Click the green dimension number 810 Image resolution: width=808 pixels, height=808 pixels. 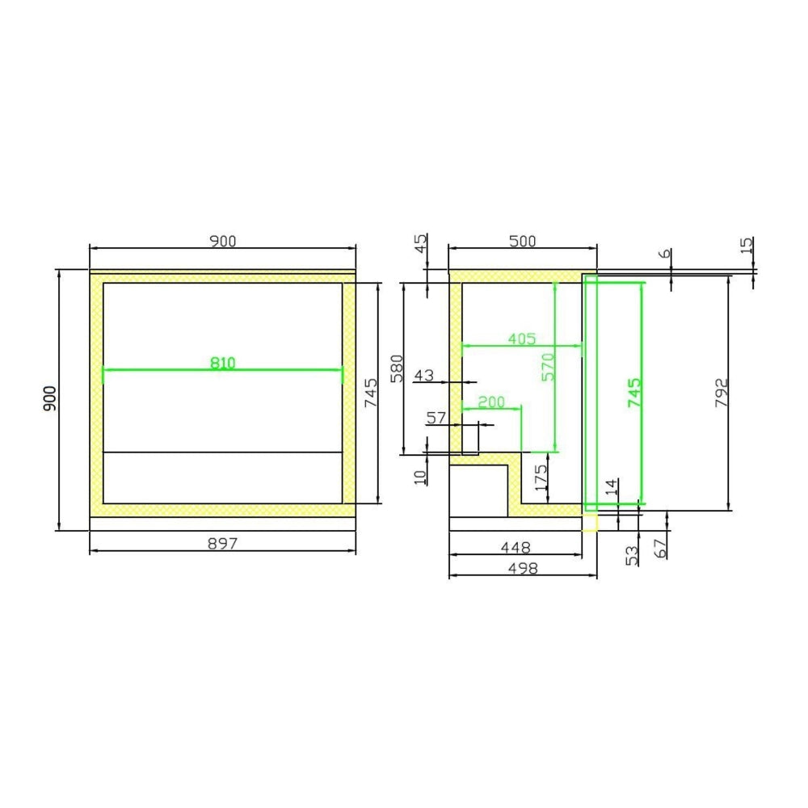(223, 364)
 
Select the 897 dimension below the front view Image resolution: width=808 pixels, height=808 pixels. (223, 543)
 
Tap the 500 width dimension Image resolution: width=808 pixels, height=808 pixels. (523, 241)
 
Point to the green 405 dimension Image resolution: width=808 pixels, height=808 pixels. (522, 339)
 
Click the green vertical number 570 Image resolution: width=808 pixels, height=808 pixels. (549, 367)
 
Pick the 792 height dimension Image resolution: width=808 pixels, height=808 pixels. (722, 393)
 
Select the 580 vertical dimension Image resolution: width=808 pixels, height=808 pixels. (397, 368)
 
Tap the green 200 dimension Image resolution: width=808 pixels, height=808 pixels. (491, 402)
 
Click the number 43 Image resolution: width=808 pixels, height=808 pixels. (424, 375)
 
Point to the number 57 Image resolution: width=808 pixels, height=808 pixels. (436, 418)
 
